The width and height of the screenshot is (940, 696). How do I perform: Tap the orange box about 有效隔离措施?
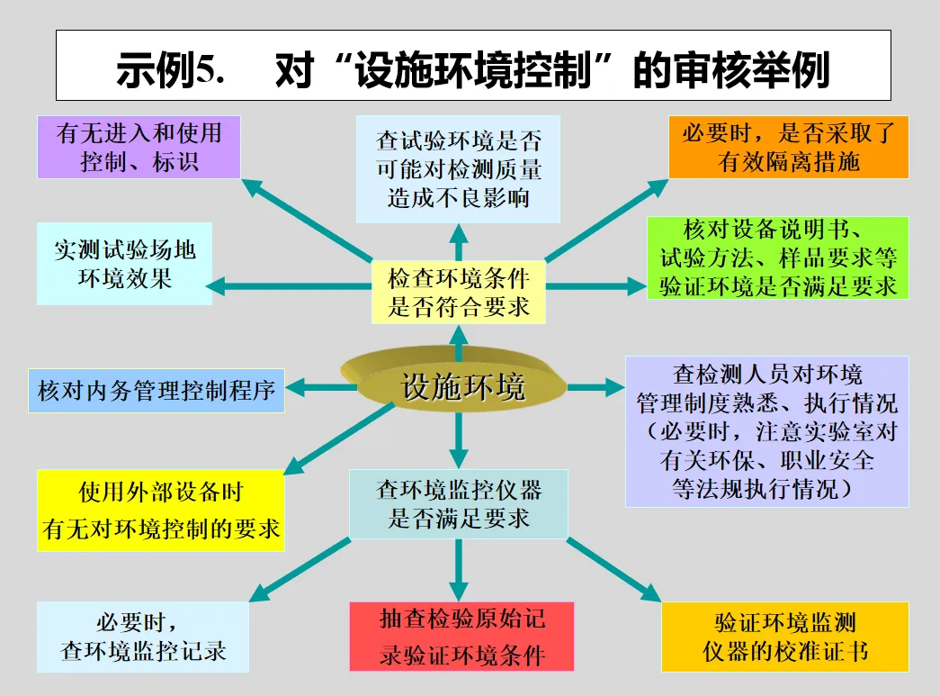pyautogui.click(x=789, y=147)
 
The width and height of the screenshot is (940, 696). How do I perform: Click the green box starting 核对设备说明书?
pyautogui.click(x=777, y=258)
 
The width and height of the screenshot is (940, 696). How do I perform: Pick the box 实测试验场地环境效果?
pyautogui.click(x=124, y=263)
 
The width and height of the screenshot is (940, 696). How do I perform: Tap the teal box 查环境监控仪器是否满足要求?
pyautogui.click(x=459, y=504)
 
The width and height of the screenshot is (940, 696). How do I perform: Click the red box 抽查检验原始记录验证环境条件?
pyautogui.click(x=461, y=637)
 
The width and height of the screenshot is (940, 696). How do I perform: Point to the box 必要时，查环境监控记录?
pyautogui.click(x=143, y=637)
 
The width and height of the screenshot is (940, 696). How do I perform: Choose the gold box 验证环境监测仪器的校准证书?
pyautogui.click(x=784, y=637)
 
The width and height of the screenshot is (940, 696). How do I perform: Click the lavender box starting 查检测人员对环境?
pyautogui.click(x=766, y=431)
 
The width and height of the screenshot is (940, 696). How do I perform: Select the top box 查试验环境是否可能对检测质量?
pyautogui.click(x=458, y=169)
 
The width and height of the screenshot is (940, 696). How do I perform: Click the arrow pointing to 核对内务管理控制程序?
pyautogui.click(x=320, y=388)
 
